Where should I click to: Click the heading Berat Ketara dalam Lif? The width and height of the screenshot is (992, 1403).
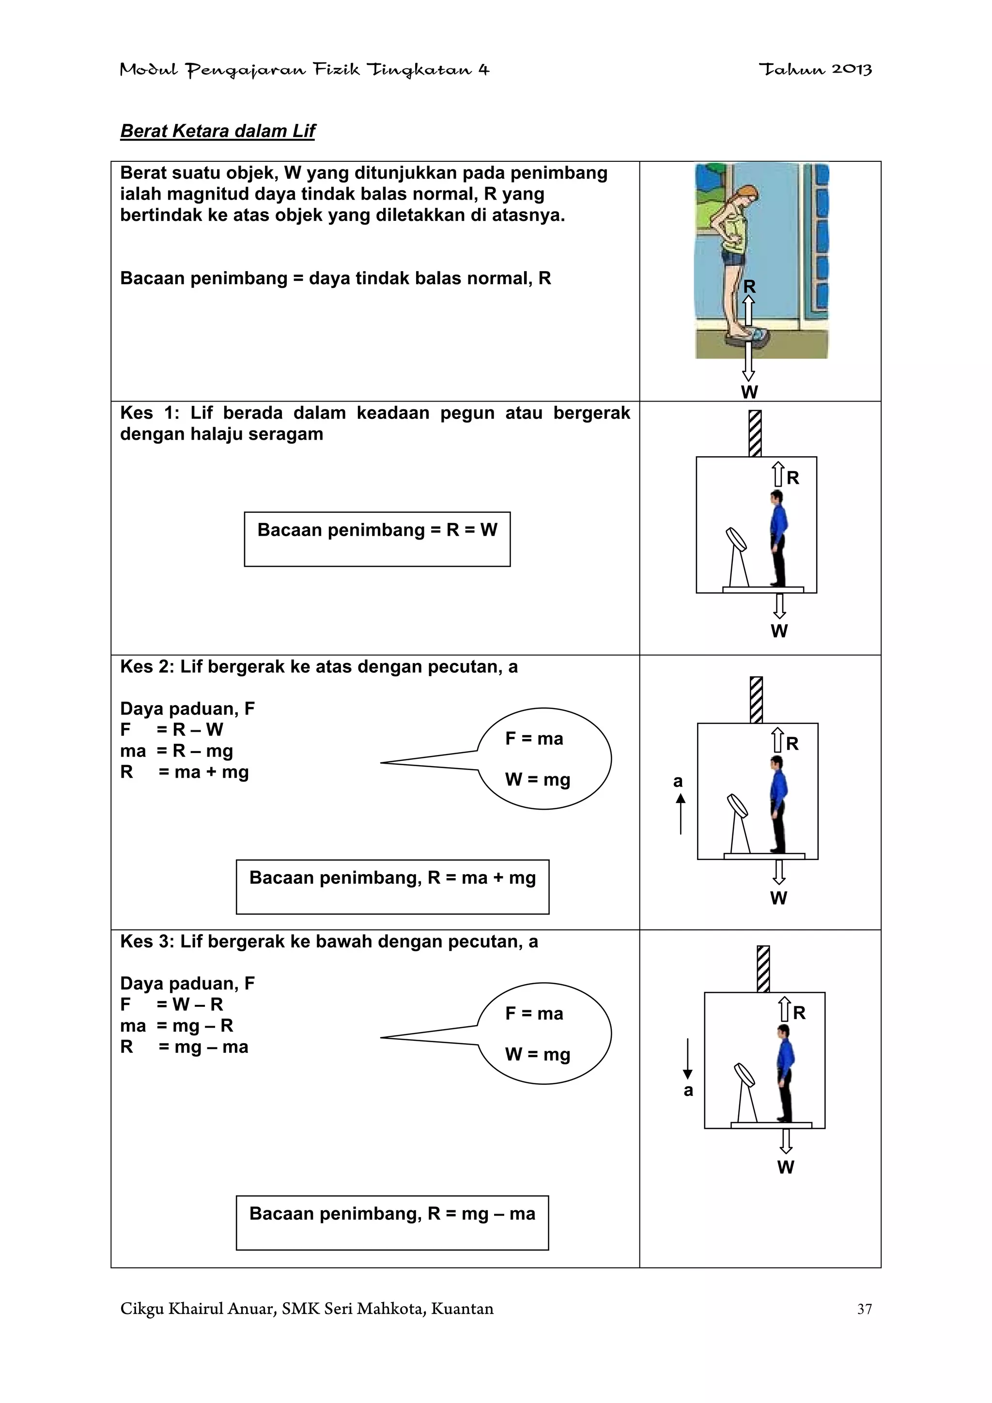tap(217, 131)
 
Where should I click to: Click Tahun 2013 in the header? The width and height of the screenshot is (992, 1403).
tap(815, 70)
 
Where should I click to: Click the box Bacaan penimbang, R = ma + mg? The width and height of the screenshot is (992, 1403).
tap(392, 886)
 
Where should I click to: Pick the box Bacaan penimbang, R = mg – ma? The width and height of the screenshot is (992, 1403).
tap(392, 1222)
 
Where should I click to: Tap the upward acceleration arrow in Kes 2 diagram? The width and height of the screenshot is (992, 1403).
tap(680, 814)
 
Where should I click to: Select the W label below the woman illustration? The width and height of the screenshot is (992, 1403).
tap(749, 392)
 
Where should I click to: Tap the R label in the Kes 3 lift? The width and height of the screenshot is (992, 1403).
tap(799, 1013)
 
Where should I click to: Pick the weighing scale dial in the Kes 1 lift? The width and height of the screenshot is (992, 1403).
tap(735, 540)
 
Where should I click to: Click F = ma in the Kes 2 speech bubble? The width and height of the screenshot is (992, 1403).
tap(534, 739)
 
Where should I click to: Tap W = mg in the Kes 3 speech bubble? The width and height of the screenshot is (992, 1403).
tap(537, 1054)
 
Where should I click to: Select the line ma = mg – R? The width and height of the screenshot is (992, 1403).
tap(177, 1026)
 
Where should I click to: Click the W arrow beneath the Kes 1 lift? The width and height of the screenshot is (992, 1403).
tap(779, 605)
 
